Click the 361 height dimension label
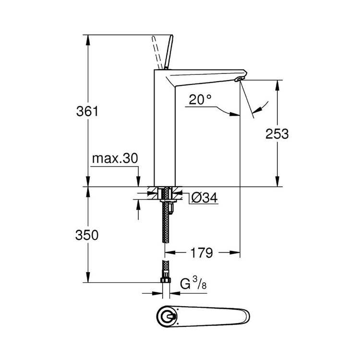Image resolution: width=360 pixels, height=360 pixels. [x=87, y=112]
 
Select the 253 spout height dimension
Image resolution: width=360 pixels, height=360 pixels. [x=277, y=134]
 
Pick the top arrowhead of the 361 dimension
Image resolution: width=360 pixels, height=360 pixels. [x=87, y=39]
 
